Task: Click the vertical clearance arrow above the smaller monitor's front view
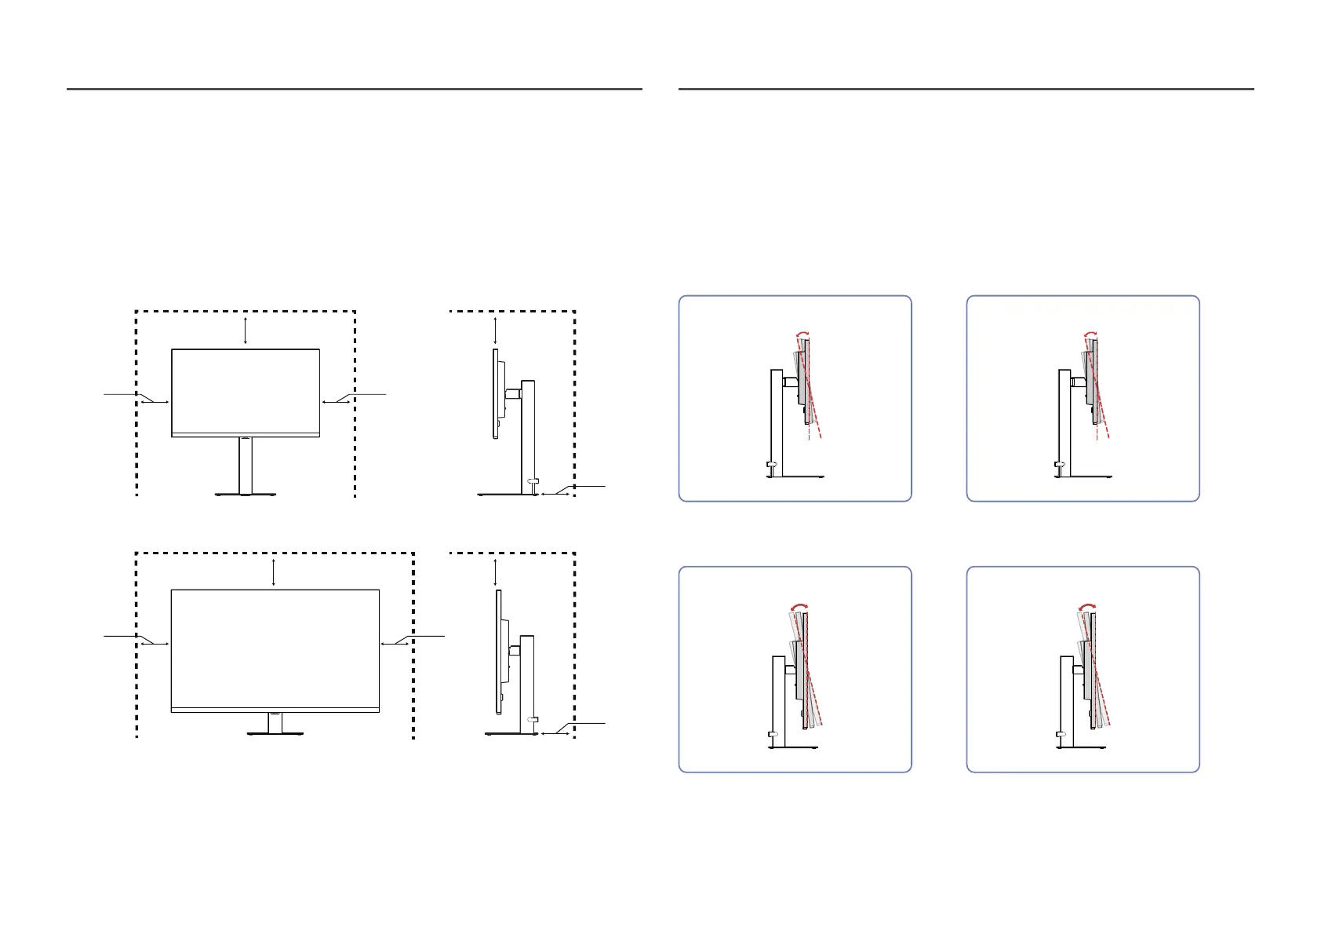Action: click(246, 330)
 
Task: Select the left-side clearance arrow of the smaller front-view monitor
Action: click(155, 402)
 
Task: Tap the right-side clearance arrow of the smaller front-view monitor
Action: click(336, 402)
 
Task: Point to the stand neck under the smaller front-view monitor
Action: click(246, 466)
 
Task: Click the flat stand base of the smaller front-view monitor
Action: click(246, 494)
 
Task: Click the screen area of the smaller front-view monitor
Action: click(246, 390)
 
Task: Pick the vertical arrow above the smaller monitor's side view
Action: click(495, 330)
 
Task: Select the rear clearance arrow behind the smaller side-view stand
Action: click(555, 495)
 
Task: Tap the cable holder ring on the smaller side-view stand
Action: click(533, 481)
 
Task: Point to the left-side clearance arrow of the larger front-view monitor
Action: click(155, 644)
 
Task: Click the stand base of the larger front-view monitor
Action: click(275, 734)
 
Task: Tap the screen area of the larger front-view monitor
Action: click(275, 648)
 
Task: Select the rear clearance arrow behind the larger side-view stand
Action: click(555, 734)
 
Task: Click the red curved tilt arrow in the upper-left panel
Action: click(802, 333)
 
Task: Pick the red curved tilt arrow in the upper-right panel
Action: click(1090, 333)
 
